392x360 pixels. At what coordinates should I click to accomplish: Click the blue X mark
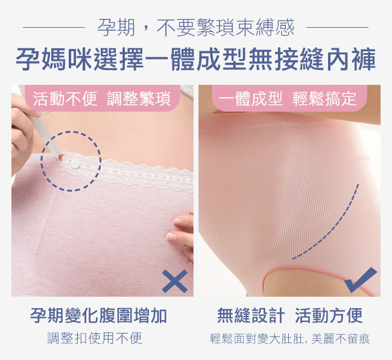pos(175,281)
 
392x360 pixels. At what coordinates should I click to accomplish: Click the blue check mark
pos(360,280)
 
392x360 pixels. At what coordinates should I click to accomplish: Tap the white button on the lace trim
pos(75,164)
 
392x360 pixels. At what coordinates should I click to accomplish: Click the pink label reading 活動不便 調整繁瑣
pos(103,98)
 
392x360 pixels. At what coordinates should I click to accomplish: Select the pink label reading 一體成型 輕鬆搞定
pos(289,98)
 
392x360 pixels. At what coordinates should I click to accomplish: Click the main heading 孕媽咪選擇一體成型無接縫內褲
pos(196,60)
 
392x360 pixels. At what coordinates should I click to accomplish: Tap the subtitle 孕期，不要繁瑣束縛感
pos(196,27)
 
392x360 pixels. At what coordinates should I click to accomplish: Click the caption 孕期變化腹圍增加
pos(98,315)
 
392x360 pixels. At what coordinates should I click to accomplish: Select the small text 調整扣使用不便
pos(95,338)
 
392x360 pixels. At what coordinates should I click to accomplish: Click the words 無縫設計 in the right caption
pos(251,315)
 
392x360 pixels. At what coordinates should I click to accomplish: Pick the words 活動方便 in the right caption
pos(329,315)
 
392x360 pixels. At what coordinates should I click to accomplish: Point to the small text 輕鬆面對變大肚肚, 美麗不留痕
pos(290,338)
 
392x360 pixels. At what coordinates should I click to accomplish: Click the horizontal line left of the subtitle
pos(54,27)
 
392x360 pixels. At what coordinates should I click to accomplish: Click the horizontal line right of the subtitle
pos(337,27)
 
